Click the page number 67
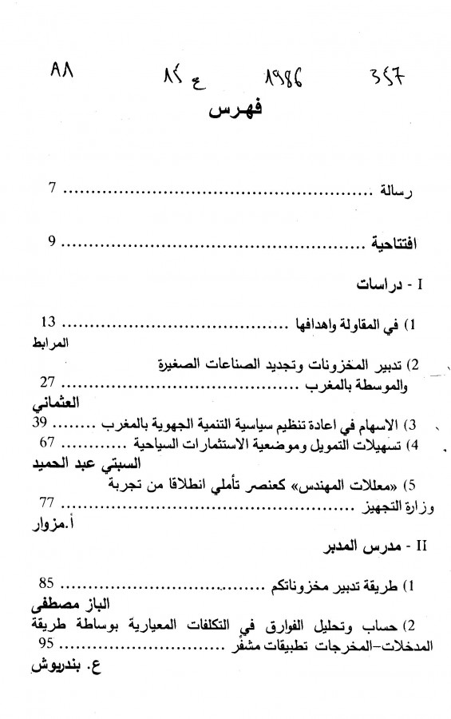tap(47, 441)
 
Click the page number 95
tap(49, 643)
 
